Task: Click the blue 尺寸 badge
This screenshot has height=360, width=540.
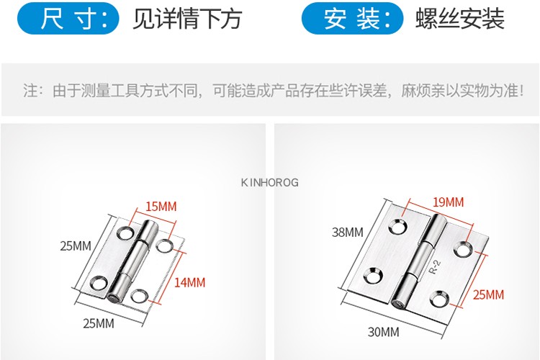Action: (x=68, y=19)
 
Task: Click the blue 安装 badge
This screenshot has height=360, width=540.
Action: (x=352, y=19)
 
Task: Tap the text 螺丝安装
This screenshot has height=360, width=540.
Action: (x=460, y=19)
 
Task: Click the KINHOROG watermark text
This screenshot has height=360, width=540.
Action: (x=269, y=183)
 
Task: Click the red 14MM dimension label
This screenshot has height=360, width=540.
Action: (x=189, y=282)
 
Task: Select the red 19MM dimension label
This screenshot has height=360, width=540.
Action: (x=448, y=202)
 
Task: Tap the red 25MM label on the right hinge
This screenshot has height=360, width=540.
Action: (x=489, y=294)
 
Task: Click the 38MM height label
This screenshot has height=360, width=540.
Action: (x=348, y=232)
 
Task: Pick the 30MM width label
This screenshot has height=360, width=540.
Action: (x=383, y=332)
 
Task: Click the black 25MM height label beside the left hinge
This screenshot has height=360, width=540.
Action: (x=76, y=246)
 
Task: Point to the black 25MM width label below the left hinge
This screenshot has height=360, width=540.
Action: (x=98, y=323)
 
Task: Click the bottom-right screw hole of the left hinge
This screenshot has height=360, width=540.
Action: (x=140, y=294)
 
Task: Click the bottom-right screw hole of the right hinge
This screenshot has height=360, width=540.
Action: (x=437, y=297)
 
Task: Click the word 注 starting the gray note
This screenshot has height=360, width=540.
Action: (x=30, y=91)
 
